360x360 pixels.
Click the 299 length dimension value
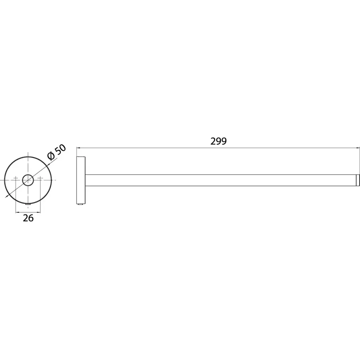(x=218, y=141)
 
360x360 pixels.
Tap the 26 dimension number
(x=28, y=218)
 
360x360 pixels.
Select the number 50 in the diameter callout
(x=60, y=150)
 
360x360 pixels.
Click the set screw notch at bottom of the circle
(x=28, y=204)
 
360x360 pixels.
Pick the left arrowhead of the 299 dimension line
(x=78, y=148)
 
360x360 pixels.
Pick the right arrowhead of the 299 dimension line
(x=358, y=148)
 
